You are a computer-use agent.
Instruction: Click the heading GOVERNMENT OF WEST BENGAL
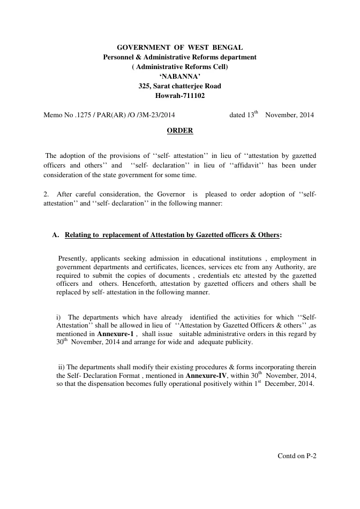tap(179, 48)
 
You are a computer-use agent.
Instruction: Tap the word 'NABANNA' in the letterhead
tap(179, 77)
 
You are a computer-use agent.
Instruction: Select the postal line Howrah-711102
tap(179, 96)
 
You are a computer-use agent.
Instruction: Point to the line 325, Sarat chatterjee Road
tap(179, 86)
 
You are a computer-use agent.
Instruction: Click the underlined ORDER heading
tap(180, 131)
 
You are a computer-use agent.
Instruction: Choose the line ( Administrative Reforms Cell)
tap(179, 67)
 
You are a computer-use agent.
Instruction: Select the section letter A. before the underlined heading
tap(55, 235)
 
